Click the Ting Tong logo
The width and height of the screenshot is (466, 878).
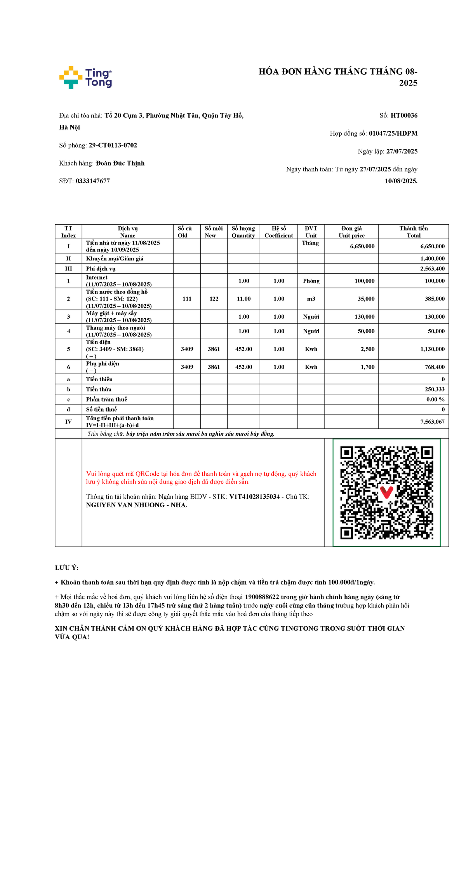[x=85, y=77]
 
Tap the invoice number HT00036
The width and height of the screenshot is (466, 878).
[x=404, y=115]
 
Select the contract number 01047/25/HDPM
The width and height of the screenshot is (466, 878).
[x=393, y=133]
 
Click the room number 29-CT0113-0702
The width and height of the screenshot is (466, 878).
[x=113, y=145]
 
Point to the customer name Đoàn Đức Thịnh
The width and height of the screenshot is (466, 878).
[x=120, y=163]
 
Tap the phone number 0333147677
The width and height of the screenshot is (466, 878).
[x=92, y=181]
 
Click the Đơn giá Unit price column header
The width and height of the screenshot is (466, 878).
[x=351, y=232]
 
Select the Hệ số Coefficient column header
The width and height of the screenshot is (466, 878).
[x=278, y=232]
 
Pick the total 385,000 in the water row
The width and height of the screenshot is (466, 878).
[x=435, y=299]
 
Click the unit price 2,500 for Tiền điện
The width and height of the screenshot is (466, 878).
[x=367, y=349]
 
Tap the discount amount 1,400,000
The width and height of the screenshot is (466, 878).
[x=432, y=258]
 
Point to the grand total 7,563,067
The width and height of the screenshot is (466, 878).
[x=432, y=422]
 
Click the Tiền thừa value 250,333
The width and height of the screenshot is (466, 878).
[x=435, y=389]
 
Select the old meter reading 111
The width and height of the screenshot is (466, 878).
[x=187, y=299]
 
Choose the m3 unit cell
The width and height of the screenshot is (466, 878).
[x=311, y=299]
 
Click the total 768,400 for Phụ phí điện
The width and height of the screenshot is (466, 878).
[x=435, y=367]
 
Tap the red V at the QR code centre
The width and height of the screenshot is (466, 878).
[x=386, y=492]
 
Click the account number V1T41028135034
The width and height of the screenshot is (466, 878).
[x=254, y=497]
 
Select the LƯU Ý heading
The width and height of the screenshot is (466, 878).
[x=67, y=568]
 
